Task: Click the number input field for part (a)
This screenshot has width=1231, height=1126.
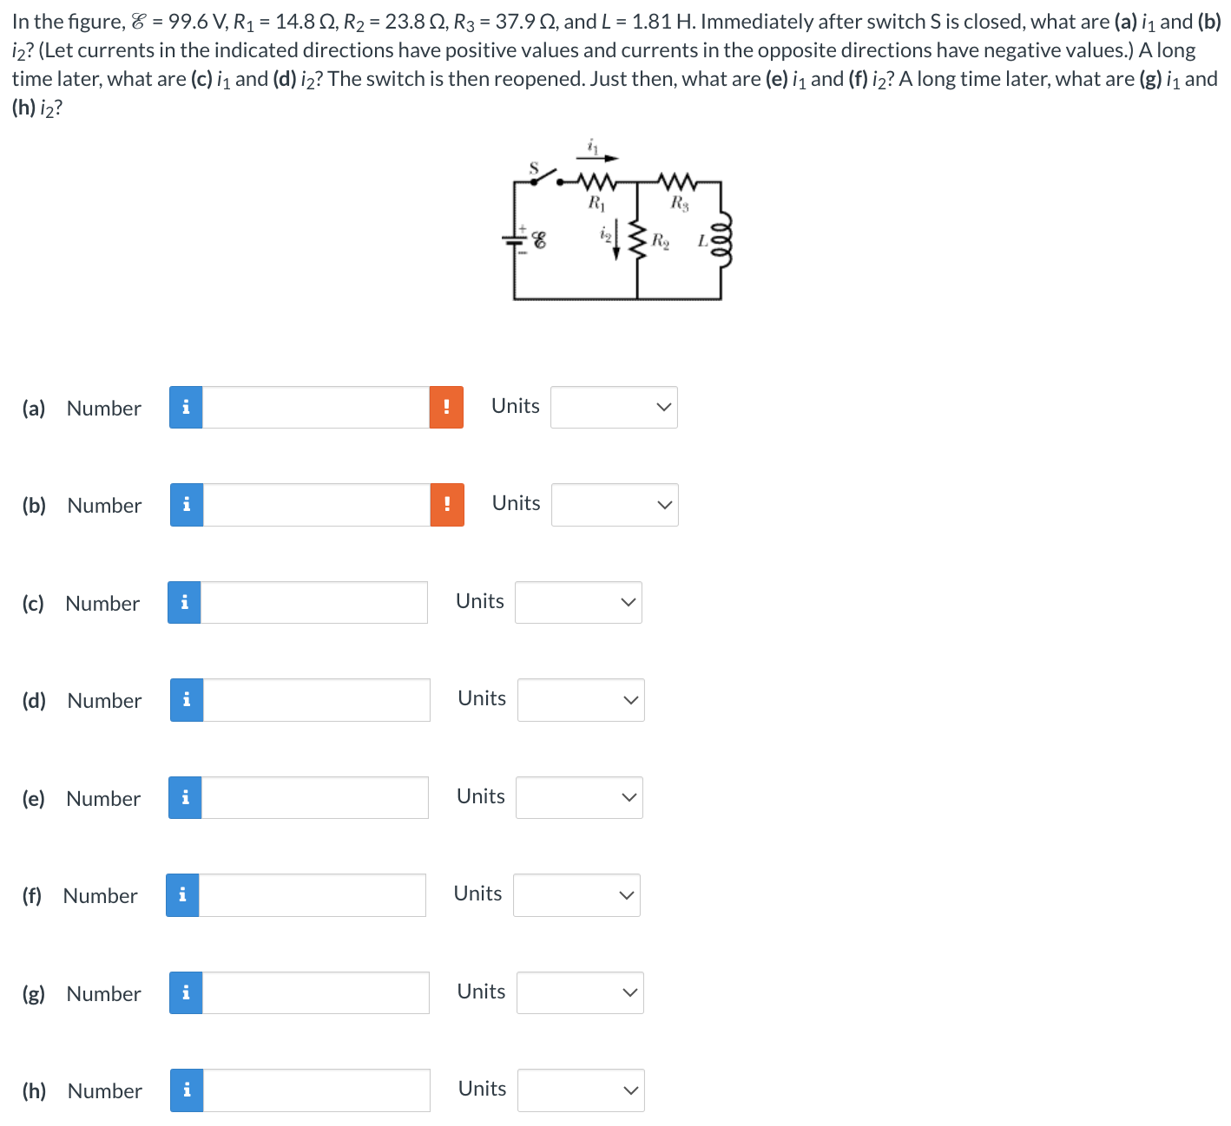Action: (315, 408)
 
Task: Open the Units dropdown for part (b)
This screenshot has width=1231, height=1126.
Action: (615, 505)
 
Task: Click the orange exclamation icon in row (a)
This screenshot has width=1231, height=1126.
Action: (446, 408)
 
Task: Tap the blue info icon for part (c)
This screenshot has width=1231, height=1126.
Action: (184, 602)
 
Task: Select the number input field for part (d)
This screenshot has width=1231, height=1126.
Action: (316, 700)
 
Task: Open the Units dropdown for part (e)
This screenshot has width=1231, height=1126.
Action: (579, 797)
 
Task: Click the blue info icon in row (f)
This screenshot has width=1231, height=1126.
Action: (182, 895)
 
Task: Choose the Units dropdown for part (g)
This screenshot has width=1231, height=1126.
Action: (580, 992)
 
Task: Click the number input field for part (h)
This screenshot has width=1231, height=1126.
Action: (316, 1090)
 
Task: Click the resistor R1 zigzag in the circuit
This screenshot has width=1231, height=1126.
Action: (596, 182)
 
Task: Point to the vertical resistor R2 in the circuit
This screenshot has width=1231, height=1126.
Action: (638, 239)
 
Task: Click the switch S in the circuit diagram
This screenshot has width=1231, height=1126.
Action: (543, 176)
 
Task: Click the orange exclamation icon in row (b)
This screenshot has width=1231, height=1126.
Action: (447, 505)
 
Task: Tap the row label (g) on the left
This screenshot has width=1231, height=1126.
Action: (34, 993)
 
